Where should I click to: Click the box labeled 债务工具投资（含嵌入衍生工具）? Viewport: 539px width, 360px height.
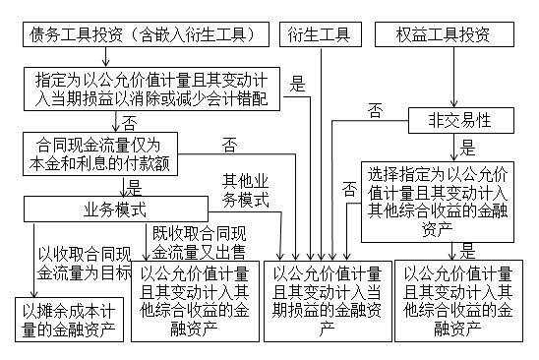(146, 36)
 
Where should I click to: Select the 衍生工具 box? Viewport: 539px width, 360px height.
(319, 36)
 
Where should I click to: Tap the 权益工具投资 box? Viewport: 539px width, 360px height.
(445, 36)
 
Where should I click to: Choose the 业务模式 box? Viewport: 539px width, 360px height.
(115, 209)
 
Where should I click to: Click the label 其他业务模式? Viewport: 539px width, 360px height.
(246, 190)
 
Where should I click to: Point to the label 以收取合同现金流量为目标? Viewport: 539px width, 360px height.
(83, 261)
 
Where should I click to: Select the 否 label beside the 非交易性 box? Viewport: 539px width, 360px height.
(375, 111)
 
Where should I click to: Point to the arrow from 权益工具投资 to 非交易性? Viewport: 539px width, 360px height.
(453, 79)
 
